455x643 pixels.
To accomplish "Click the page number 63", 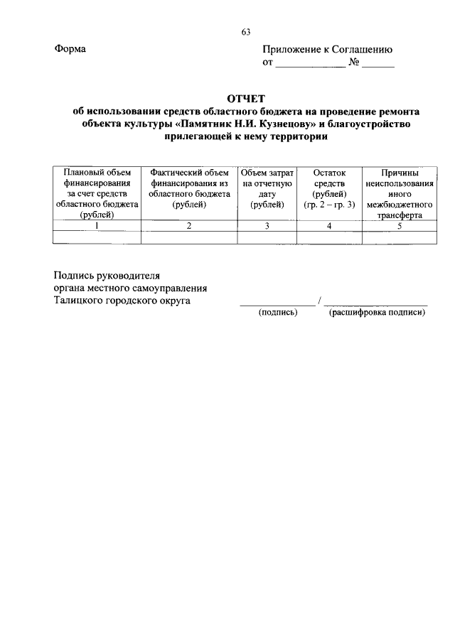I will point(246,31).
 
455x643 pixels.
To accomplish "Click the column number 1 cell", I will point(97,226).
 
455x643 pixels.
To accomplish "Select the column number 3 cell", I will point(267,226).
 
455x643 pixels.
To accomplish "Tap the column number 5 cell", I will point(400,226).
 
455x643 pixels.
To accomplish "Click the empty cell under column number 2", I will point(189,237).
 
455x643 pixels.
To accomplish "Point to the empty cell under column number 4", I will point(328,237).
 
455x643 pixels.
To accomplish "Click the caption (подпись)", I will point(279,313).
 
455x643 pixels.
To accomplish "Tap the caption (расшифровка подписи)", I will point(377,313).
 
